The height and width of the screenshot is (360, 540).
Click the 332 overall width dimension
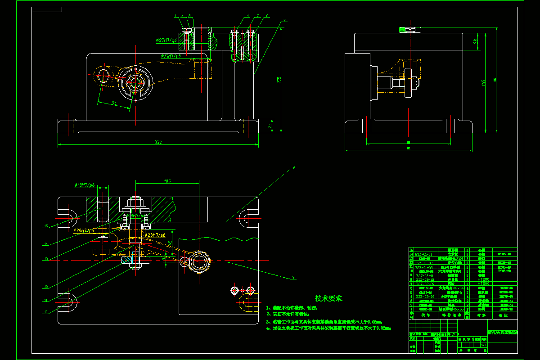coord(158,143)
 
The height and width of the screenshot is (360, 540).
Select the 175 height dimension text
coord(279,80)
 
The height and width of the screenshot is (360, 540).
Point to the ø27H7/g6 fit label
coord(165,40)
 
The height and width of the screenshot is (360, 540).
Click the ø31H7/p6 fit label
coord(171,56)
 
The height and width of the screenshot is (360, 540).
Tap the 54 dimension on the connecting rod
coord(114,104)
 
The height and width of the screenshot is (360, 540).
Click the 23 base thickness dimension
coord(270,126)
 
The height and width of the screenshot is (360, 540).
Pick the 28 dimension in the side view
coord(475,41)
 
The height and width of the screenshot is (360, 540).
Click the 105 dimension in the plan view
coord(167,182)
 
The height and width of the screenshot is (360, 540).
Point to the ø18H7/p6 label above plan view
coord(85,185)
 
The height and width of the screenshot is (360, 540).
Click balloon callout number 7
coord(284,21)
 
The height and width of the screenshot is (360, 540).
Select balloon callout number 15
coord(46,226)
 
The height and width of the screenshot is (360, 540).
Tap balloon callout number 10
coord(46,311)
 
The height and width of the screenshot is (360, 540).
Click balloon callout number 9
coord(293,277)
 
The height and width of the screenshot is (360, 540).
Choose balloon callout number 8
coord(294,168)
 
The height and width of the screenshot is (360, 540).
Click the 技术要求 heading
coord(328,298)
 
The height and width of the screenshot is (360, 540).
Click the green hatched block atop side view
coord(410,30)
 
